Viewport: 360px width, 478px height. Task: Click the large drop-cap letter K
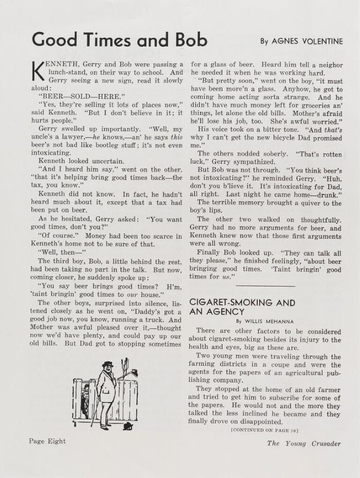[38, 72]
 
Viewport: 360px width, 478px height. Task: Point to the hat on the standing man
[107, 365]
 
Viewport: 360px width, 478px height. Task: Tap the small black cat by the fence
[127, 426]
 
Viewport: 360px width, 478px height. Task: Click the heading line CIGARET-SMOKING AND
[242, 303]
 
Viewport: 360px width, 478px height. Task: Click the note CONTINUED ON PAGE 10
[264, 430]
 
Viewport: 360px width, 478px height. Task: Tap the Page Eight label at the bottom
[47, 441]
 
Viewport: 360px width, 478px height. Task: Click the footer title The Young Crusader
[303, 444]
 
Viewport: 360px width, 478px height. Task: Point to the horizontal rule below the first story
[265, 286]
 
